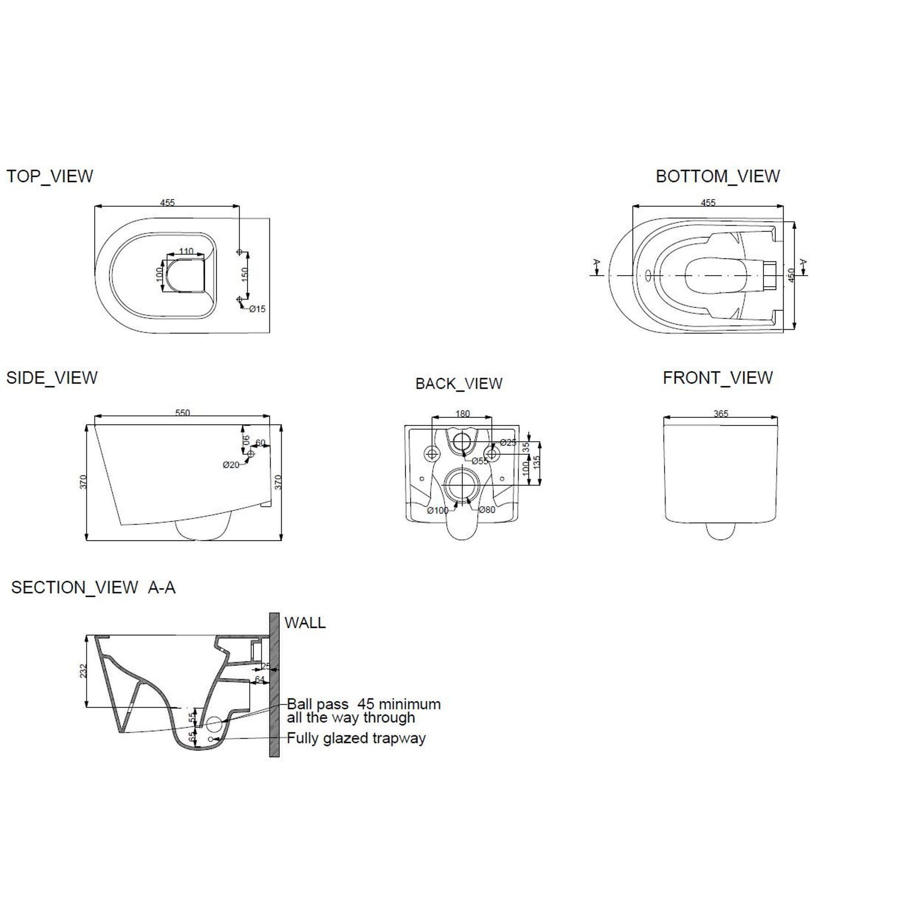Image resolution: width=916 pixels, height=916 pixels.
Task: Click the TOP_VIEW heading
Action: [50, 176]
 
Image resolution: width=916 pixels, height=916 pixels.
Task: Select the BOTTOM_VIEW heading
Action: [718, 176]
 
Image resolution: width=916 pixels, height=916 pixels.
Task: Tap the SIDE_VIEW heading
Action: [52, 378]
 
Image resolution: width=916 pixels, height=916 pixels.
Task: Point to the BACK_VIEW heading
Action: [459, 383]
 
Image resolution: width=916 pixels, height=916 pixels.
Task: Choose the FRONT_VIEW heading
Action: [718, 378]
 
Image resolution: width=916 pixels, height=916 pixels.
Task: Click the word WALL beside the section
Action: [305, 622]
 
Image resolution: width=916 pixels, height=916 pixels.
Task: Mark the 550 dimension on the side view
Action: [183, 413]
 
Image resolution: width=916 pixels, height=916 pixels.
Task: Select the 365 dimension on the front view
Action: [720, 414]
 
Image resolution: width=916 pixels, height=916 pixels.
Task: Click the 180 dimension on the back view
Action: [462, 414]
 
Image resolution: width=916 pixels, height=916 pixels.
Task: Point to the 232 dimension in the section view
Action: [83, 671]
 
